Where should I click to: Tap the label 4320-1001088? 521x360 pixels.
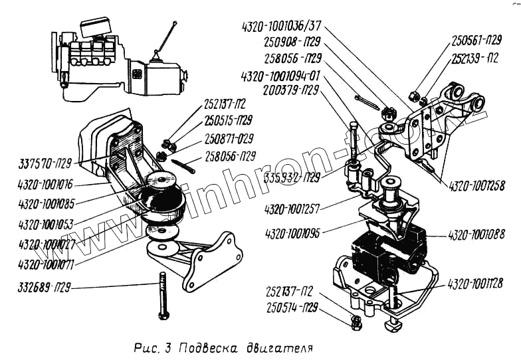tap(476, 235)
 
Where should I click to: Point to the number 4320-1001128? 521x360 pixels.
tap(474, 283)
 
